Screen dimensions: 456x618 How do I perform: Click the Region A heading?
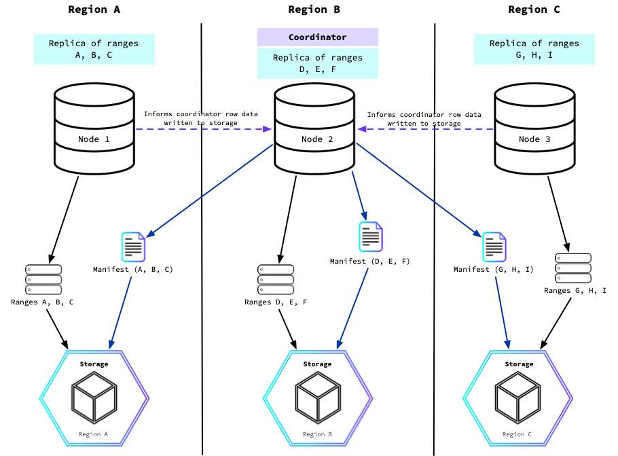[x=94, y=10]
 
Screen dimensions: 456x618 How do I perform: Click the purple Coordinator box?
[x=317, y=37]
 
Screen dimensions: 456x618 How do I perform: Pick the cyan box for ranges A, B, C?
[x=94, y=50]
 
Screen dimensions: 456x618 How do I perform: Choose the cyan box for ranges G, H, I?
[x=534, y=50]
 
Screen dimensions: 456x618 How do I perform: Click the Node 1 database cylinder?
[x=94, y=130]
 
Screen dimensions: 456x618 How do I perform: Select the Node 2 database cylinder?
[x=314, y=130]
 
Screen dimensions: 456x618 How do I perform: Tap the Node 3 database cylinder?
[x=534, y=130]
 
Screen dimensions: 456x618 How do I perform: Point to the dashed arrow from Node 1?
[x=204, y=128]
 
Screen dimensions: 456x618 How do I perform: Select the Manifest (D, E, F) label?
[x=369, y=261]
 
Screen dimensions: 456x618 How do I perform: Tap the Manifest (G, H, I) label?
[x=494, y=270]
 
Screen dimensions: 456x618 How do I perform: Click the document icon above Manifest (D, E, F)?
[x=370, y=236]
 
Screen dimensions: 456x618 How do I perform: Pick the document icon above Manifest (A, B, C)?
[x=133, y=247]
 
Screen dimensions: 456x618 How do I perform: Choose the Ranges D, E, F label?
[x=275, y=302]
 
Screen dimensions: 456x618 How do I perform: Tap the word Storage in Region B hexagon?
[x=317, y=364]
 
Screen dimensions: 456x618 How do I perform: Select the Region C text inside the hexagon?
[x=518, y=434]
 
